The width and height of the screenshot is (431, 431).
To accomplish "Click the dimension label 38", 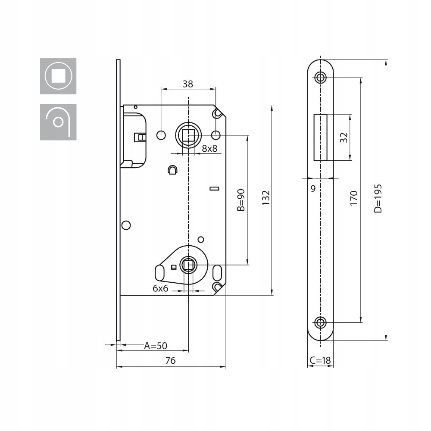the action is point(188,84).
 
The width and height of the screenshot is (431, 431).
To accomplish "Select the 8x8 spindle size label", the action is point(209,149).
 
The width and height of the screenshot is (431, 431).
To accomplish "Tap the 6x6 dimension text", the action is point(160,288).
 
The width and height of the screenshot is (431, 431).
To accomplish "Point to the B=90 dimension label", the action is point(241,200).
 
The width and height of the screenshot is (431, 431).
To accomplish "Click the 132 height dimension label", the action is point(266,198).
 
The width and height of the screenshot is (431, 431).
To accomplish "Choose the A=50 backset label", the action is point(156,346).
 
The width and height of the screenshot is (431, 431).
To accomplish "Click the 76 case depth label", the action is point(170,361).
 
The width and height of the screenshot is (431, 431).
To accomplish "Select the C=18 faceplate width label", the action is point(320,360).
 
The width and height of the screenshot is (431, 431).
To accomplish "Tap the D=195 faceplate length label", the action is point(378,198).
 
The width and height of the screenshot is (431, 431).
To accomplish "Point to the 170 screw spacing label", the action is point(354,198).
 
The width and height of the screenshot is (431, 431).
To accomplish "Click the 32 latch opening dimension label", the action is point(344,137).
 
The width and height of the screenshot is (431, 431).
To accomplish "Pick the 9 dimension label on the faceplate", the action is point(313,189).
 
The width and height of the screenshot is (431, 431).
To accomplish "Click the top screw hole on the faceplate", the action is point(321,77).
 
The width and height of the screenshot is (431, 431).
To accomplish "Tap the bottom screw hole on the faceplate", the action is point(321,322).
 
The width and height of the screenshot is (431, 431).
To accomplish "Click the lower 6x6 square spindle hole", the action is point(188,265).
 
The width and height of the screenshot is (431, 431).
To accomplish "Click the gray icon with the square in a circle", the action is point(58,76).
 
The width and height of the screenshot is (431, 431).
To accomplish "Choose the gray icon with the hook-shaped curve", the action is point(58,122).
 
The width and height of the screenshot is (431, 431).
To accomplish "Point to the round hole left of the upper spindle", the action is point(161,135).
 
